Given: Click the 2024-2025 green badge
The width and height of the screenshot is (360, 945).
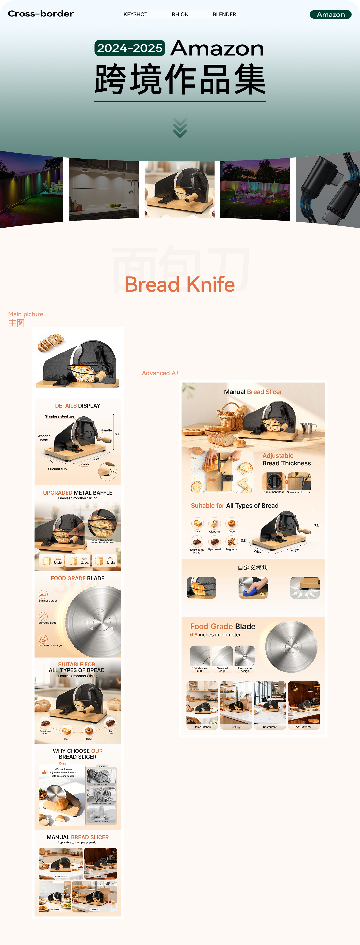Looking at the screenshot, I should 130,48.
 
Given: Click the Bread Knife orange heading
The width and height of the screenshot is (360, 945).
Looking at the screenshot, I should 180,284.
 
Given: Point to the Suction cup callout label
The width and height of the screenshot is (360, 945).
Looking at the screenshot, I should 57,469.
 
